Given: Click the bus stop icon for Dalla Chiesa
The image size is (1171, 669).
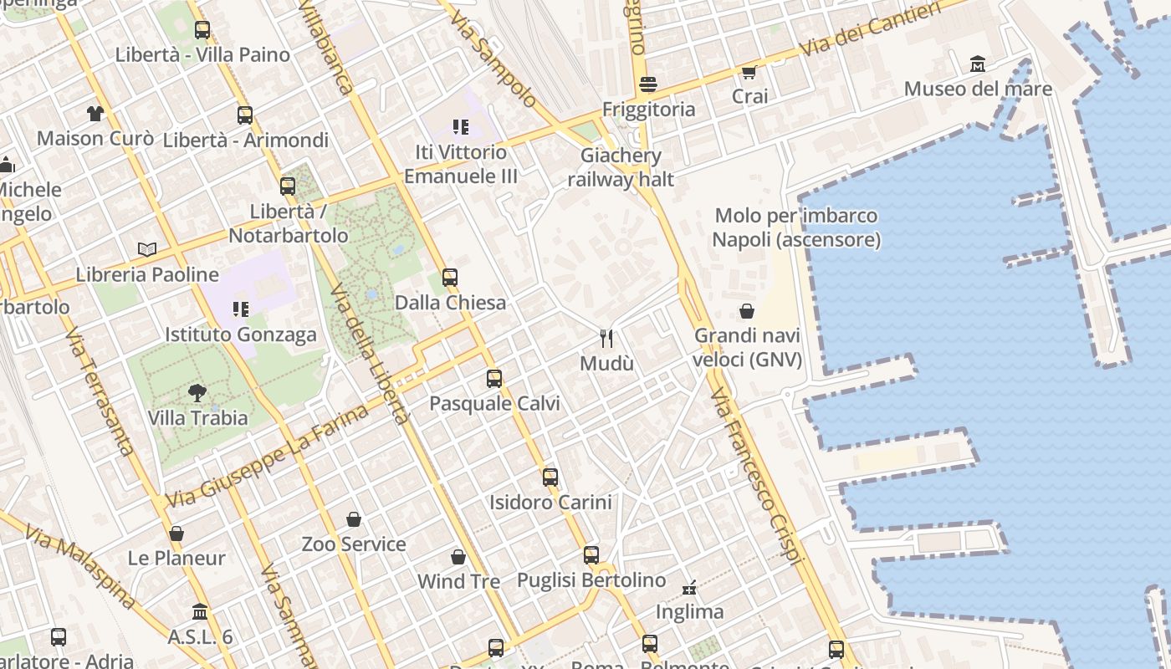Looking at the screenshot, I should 450,277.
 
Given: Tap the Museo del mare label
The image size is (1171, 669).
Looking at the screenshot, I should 978,89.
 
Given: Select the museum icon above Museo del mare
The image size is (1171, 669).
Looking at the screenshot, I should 978,64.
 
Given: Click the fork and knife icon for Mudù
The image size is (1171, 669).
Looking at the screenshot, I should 607,338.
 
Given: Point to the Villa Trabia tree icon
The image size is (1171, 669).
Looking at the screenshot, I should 197,392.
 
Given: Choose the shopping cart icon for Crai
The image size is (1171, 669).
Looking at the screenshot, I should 749,72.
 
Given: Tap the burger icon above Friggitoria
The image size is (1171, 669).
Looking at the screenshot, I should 647,84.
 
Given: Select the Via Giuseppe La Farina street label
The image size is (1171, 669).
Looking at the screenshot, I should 267,456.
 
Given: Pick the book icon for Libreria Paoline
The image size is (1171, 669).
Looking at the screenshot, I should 147,249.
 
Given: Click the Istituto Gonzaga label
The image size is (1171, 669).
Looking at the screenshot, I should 241,335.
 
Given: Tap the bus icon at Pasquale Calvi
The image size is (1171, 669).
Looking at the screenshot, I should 494,378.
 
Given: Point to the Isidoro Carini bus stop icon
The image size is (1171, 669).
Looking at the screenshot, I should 550,477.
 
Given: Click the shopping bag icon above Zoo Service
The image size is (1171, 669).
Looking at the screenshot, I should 354,519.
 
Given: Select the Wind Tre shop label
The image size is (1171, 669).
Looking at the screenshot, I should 458,581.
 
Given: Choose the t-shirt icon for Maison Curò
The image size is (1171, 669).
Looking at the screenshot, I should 95,113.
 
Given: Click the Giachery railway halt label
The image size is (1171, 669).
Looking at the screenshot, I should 621,167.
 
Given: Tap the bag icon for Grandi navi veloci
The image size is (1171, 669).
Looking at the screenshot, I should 747,311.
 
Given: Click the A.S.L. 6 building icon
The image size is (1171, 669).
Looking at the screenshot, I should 199,612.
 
